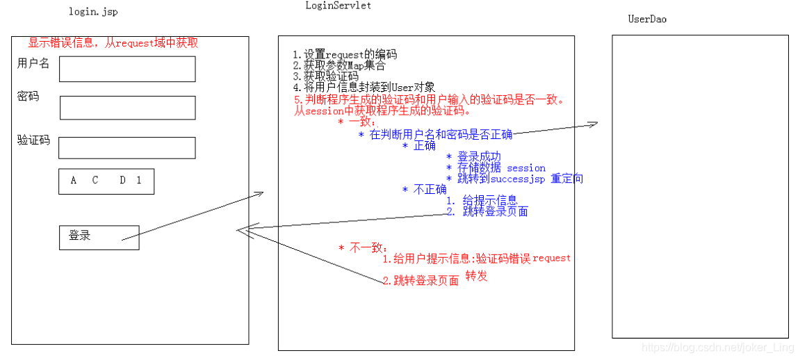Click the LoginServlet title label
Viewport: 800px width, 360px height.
(338, 6)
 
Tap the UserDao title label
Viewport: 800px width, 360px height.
(647, 19)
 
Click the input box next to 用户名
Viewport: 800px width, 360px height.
(127, 69)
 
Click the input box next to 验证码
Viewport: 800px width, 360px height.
(126, 148)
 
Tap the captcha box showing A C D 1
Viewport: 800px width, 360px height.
(106, 181)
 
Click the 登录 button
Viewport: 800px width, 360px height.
(99, 237)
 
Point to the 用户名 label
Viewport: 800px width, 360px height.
(33, 63)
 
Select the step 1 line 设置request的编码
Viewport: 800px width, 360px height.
(345, 55)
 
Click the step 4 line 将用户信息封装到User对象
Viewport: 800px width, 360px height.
(364, 88)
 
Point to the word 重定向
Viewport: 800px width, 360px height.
(566, 179)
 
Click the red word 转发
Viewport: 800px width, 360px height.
(476, 276)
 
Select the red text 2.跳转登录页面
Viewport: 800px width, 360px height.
(421, 281)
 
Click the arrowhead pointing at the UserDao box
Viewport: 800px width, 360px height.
(593, 124)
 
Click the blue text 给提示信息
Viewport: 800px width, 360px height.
(489, 200)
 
